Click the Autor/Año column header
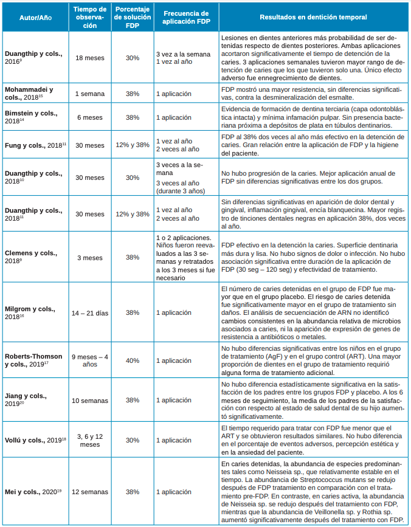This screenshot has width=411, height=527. coord(33,17)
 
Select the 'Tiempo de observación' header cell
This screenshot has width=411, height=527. coord(89,17)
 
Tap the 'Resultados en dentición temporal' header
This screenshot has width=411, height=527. coord(311,17)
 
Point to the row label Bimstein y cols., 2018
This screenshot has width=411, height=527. coord(33,117)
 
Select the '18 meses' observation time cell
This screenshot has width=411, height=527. coord(89,58)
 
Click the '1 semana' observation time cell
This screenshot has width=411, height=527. coord(89,94)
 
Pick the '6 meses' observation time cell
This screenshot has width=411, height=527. coord(89,117)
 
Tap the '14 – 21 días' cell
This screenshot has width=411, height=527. coord(89,312)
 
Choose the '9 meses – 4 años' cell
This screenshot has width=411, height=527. coord(89,360)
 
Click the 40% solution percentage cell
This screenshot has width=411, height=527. coord(133,360)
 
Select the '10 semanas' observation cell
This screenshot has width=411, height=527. coord(89,400)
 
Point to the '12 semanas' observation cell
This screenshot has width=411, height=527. coord(89,491)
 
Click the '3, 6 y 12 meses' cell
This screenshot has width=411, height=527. coord(89,439)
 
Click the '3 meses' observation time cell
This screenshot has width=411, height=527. coord(89,257)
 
